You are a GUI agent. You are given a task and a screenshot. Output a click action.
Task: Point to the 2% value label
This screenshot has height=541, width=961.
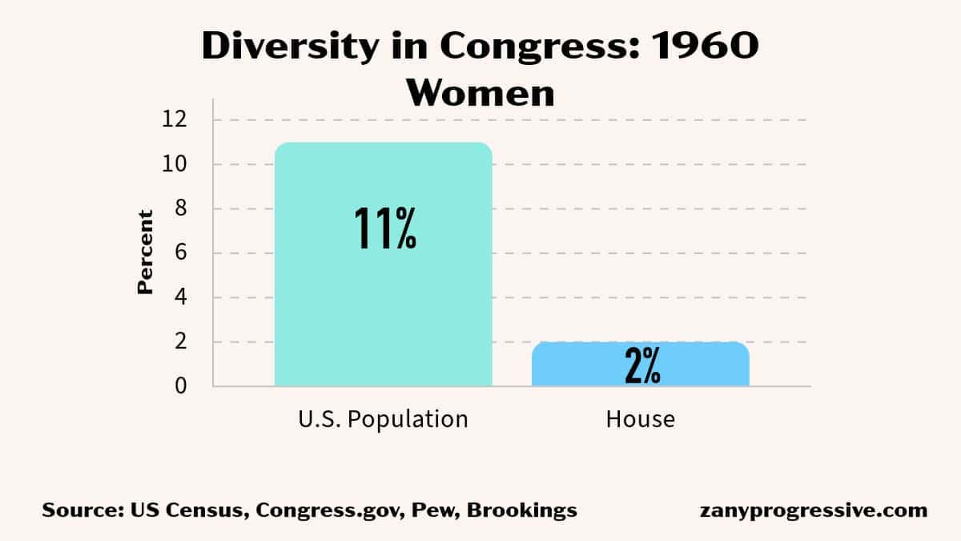pos(641,367)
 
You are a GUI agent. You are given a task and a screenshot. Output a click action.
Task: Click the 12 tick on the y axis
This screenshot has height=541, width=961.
pos(175,120)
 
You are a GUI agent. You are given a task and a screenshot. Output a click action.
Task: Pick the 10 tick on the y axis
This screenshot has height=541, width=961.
pos(175,164)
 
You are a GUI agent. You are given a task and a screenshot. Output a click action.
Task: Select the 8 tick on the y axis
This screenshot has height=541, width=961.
pos(180,209)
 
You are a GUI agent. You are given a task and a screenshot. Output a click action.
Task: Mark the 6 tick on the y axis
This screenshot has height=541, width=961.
pos(180,253)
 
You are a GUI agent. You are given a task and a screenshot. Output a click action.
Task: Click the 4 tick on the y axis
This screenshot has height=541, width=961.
pos(180,297)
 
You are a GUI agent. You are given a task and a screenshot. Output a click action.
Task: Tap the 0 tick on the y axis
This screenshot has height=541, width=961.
pos(180,386)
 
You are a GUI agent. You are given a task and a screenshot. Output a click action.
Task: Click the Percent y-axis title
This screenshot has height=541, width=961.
pos(145,252)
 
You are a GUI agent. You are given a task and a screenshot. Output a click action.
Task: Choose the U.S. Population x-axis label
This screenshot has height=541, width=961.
pos(383,418)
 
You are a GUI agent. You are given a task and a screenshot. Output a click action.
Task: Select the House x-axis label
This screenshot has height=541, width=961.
pos(641,418)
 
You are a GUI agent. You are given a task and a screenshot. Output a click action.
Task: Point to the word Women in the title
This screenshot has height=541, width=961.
pos(480,92)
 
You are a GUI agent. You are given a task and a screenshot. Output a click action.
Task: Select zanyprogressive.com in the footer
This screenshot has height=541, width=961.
pos(813,511)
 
